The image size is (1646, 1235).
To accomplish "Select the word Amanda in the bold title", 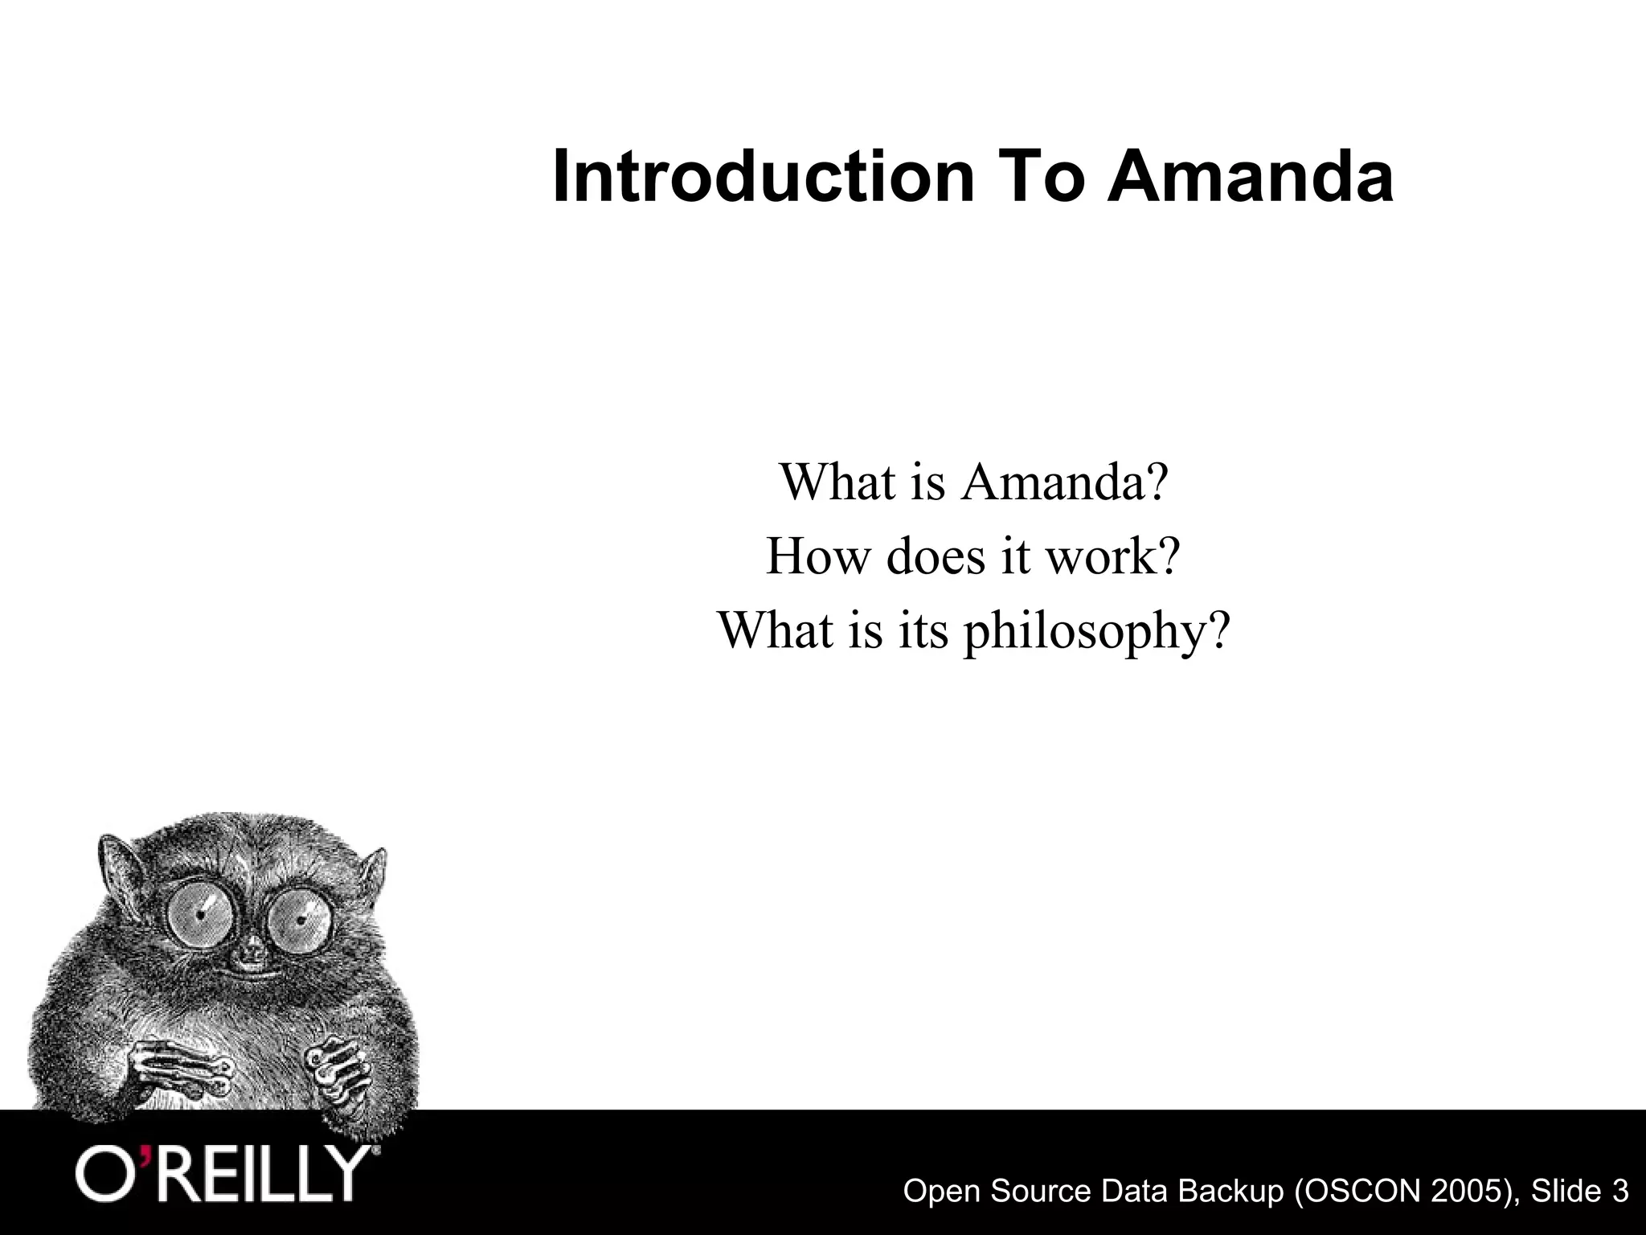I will tap(1250, 178).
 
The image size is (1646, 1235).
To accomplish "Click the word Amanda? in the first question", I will tap(1063, 482).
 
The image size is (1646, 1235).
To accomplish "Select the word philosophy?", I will tap(1097, 631).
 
